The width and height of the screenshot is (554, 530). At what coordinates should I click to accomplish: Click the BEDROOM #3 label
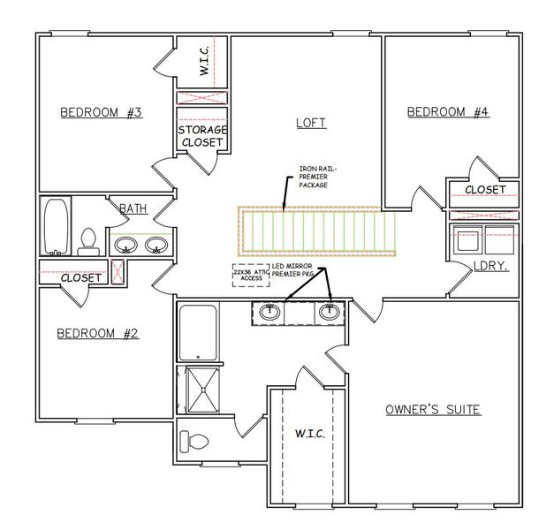pyautogui.click(x=101, y=112)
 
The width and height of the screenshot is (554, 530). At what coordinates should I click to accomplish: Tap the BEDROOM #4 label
pyautogui.click(x=447, y=111)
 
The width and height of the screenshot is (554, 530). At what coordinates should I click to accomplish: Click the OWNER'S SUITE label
pyautogui.click(x=432, y=410)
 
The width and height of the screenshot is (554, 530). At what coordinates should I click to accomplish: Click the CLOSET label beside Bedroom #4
pyautogui.click(x=484, y=190)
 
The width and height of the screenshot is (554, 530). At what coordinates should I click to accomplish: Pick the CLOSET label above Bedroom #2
pyautogui.click(x=81, y=277)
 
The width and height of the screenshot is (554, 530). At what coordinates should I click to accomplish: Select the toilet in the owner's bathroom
pyautogui.click(x=198, y=439)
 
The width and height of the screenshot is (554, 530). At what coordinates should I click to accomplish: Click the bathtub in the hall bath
pyautogui.click(x=55, y=226)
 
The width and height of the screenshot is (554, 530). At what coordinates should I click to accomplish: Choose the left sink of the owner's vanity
pyautogui.click(x=271, y=312)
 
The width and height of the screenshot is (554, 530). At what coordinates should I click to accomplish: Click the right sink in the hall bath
pyautogui.click(x=156, y=244)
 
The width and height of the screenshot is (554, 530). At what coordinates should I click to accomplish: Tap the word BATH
pyautogui.click(x=133, y=208)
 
